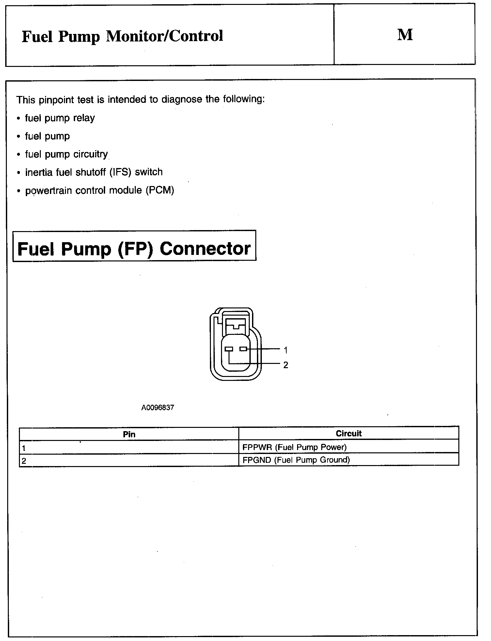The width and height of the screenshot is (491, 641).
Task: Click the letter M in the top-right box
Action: (x=405, y=35)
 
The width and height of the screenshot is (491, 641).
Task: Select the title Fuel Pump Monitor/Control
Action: (x=122, y=36)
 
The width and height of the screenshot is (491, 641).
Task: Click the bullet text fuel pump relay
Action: (x=60, y=118)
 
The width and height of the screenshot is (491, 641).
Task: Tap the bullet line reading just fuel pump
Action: (x=47, y=136)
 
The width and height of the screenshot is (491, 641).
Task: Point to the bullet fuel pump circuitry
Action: (x=66, y=154)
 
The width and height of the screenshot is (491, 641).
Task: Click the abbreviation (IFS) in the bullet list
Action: (x=120, y=172)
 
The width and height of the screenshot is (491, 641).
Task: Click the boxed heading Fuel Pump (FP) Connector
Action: (x=134, y=249)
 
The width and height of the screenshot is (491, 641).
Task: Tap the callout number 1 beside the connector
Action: (x=286, y=351)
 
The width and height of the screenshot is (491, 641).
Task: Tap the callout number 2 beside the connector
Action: (x=286, y=365)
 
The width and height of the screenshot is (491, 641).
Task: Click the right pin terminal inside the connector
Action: (x=243, y=349)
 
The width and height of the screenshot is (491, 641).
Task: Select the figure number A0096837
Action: (x=158, y=408)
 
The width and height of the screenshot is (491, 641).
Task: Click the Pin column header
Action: (x=129, y=434)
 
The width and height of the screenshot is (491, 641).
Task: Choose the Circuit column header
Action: (x=349, y=434)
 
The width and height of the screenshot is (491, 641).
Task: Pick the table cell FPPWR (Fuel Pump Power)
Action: (x=294, y=447)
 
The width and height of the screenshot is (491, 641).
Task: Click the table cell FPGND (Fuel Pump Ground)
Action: (x=296, y=460)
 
